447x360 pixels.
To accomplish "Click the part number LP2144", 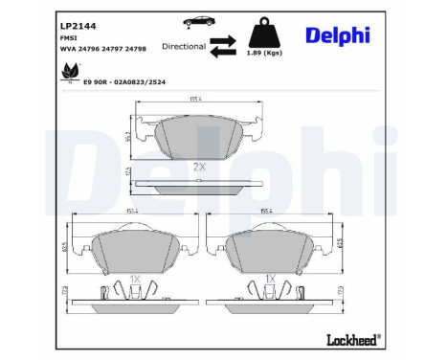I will [76, 27].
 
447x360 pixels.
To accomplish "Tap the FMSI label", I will [68, 40].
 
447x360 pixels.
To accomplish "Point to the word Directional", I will [184, 45].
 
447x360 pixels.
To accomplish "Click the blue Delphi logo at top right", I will [337, 34].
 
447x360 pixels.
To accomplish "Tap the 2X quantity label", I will [199, 167].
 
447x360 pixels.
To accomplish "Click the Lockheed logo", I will [356, 338].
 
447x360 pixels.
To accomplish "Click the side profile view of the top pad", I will [199, 183].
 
